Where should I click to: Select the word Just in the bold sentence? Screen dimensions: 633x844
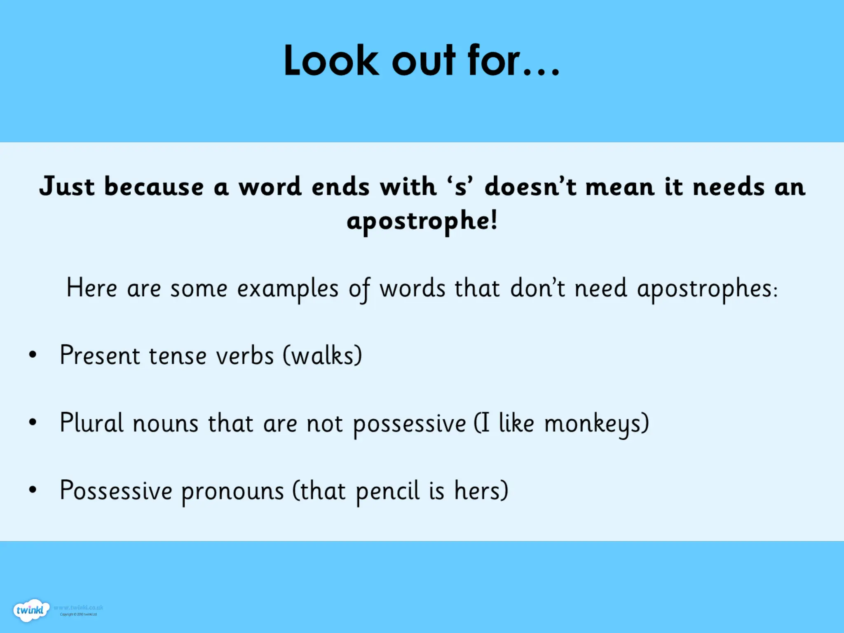(67, 186)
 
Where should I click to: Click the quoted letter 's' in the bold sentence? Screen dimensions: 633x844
(461, 186)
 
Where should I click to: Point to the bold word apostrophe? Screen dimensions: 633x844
(422, 221)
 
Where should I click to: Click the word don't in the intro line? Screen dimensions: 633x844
(537, 288)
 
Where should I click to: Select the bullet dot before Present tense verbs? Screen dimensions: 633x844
(33, 354)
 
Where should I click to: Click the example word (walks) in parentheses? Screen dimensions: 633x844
(322, 355)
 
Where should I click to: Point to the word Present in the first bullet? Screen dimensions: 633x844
(100, 355)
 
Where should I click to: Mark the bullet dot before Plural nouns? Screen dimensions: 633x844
(33, 422)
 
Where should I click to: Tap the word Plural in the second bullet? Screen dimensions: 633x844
(91, 423)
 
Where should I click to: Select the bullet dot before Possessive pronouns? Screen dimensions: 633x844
(33, 490)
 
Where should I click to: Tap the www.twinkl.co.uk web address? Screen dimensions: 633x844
(78, 607)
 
